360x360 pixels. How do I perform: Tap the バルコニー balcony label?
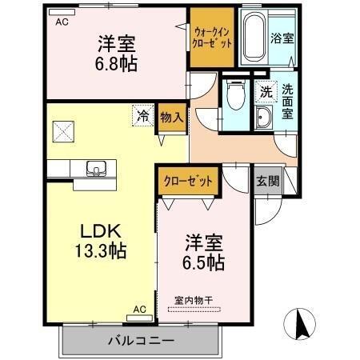click(x=141, y=342)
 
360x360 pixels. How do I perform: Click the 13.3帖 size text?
click(x=99, y=250)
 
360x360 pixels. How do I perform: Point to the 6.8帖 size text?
click(x=117, y=63)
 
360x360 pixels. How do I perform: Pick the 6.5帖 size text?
click(x=205, y=261)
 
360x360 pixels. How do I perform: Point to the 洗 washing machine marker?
click(x=265, y=92)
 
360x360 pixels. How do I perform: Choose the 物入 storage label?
click(x=171, y=118)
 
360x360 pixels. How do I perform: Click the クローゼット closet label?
click(x=189, y=181)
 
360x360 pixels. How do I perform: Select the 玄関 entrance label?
click(x=268, y=181)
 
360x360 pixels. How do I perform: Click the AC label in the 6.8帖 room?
click(x=62, y=23)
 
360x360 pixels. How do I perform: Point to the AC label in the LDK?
click(x=139, y=309)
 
